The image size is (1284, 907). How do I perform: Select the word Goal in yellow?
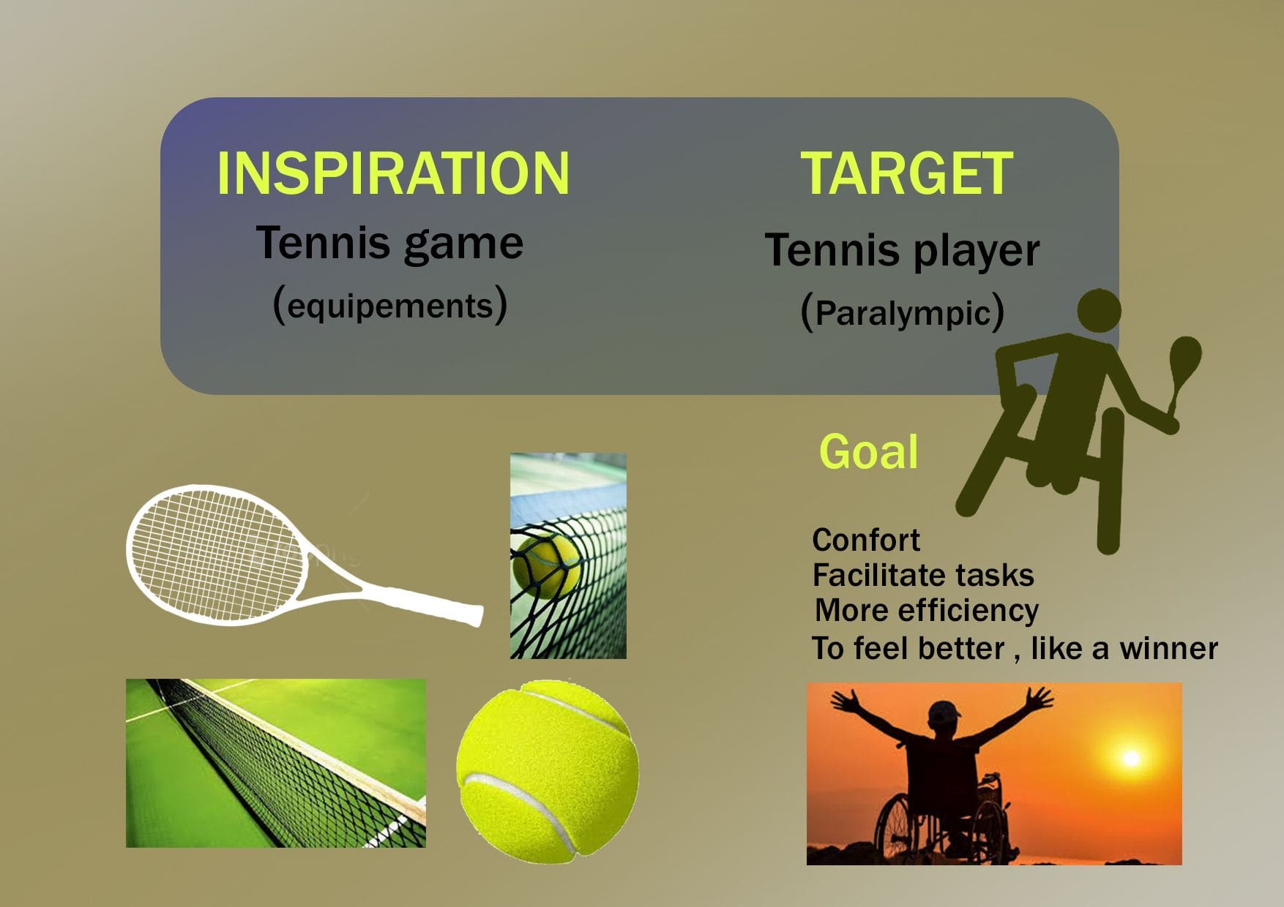click(x=868, y=451)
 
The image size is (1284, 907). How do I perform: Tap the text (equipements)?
click(x=389, y=304)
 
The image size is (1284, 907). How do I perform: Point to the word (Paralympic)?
click(x=902, y=312)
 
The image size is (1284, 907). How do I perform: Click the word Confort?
click(x=866, y=540)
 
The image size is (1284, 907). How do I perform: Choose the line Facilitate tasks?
click(x=923, y=575)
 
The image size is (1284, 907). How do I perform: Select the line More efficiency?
click(x=927, y=610)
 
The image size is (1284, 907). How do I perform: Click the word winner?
click(x=1168, y=648)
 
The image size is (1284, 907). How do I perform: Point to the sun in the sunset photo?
click(x=1131, y=758)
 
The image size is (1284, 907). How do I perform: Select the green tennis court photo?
click(x=276, y=763)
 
